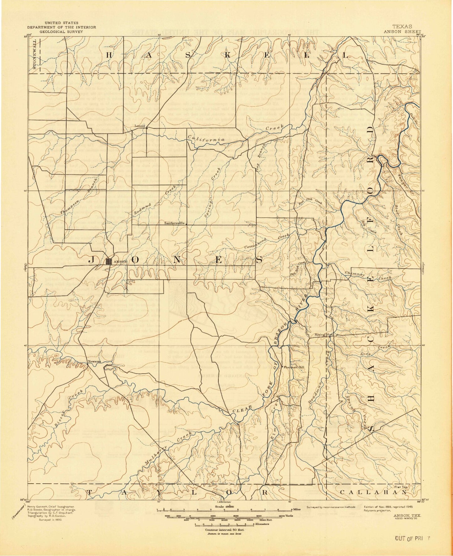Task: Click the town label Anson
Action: tap(121, 262)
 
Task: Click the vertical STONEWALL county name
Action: tap(34, 55)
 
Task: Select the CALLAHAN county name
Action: tap(374, 492)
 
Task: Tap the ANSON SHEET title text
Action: tap(402, 32)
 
